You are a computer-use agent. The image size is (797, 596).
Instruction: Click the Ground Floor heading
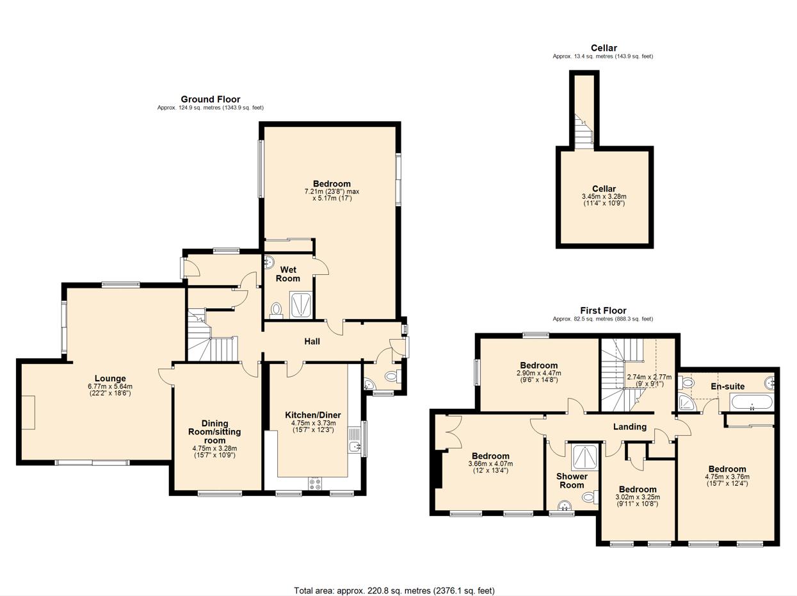pyautogui.click(x=210, y=99)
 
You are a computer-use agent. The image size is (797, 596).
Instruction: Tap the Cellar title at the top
pyautogui.click(x=603, y=48)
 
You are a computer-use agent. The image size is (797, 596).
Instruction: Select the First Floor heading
pyautogui.click(x=603, y=311)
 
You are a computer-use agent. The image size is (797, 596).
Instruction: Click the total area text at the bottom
pyautogui.click(x=394, y=590)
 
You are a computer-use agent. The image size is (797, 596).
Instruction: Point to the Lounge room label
pyautogui.click(x=110, y=379)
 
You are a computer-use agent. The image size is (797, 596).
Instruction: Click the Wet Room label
pyautogui.click(x=288, y=274)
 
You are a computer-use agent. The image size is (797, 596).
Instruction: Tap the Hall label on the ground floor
pyautogui.click(x=312, y=342)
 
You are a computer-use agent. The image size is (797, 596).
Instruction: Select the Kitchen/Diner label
pyautogui.click(x=313, y=415)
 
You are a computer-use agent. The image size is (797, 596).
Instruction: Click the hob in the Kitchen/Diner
pyautogui.click(x=314, y=484)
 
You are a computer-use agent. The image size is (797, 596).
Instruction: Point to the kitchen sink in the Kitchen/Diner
pyautogui.click(x=355, y=447)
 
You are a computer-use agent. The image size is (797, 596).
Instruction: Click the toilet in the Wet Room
pyautogui.click(x=277, y=310)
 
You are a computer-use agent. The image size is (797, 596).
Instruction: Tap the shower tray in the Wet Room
pyautogui.click(x=301, y=305)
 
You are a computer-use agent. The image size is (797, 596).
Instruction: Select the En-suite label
pyautogui.click(x=727, y=386)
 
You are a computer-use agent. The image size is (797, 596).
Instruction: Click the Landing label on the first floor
pyautogui.click(x=630, y=427)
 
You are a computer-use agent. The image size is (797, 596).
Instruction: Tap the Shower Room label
pyautogui.click(x=572, y=481)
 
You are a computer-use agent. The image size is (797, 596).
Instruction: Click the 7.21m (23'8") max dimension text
pyautogui.click(x=332, y=192)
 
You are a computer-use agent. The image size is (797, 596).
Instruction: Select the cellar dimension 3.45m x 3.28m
pyautogui.click(x=604, y=197)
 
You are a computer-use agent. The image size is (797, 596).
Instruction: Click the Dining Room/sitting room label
pyautogui.click(x=215, y=431)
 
